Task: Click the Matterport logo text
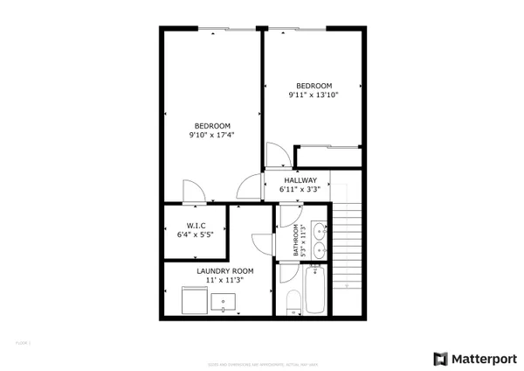[480, 358]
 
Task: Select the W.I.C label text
[196, 226]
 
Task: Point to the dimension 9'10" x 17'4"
[211, 135]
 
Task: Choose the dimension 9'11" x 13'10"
[313, 94]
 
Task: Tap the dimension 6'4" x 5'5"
[196, 234]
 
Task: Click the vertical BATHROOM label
[296, 239]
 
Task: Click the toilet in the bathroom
[293, 303]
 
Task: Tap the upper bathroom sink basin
[320, 231]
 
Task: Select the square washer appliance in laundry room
[191, 302]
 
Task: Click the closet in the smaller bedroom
[327, 157]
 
